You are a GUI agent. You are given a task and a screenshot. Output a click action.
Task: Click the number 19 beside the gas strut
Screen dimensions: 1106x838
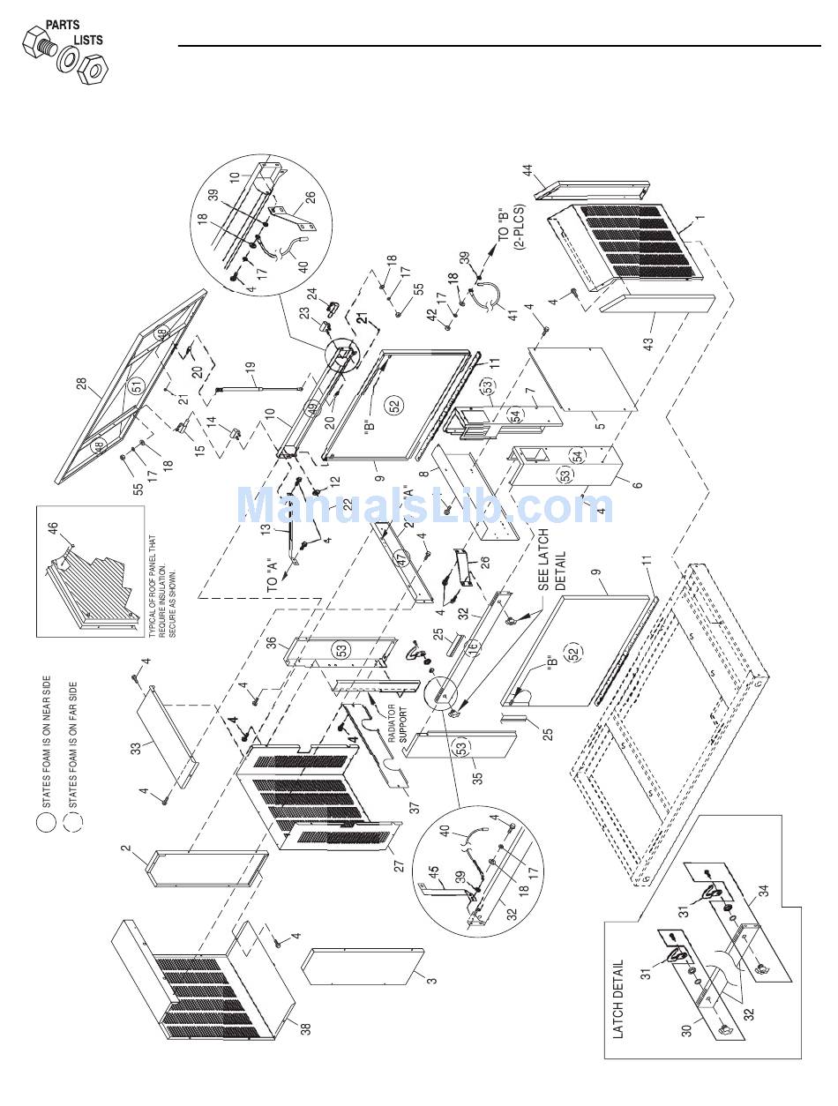(251, 365)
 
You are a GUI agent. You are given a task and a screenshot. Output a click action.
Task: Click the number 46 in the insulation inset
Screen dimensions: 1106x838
(53, 528)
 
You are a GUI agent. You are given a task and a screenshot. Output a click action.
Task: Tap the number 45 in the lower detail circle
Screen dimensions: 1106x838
(434, 871)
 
